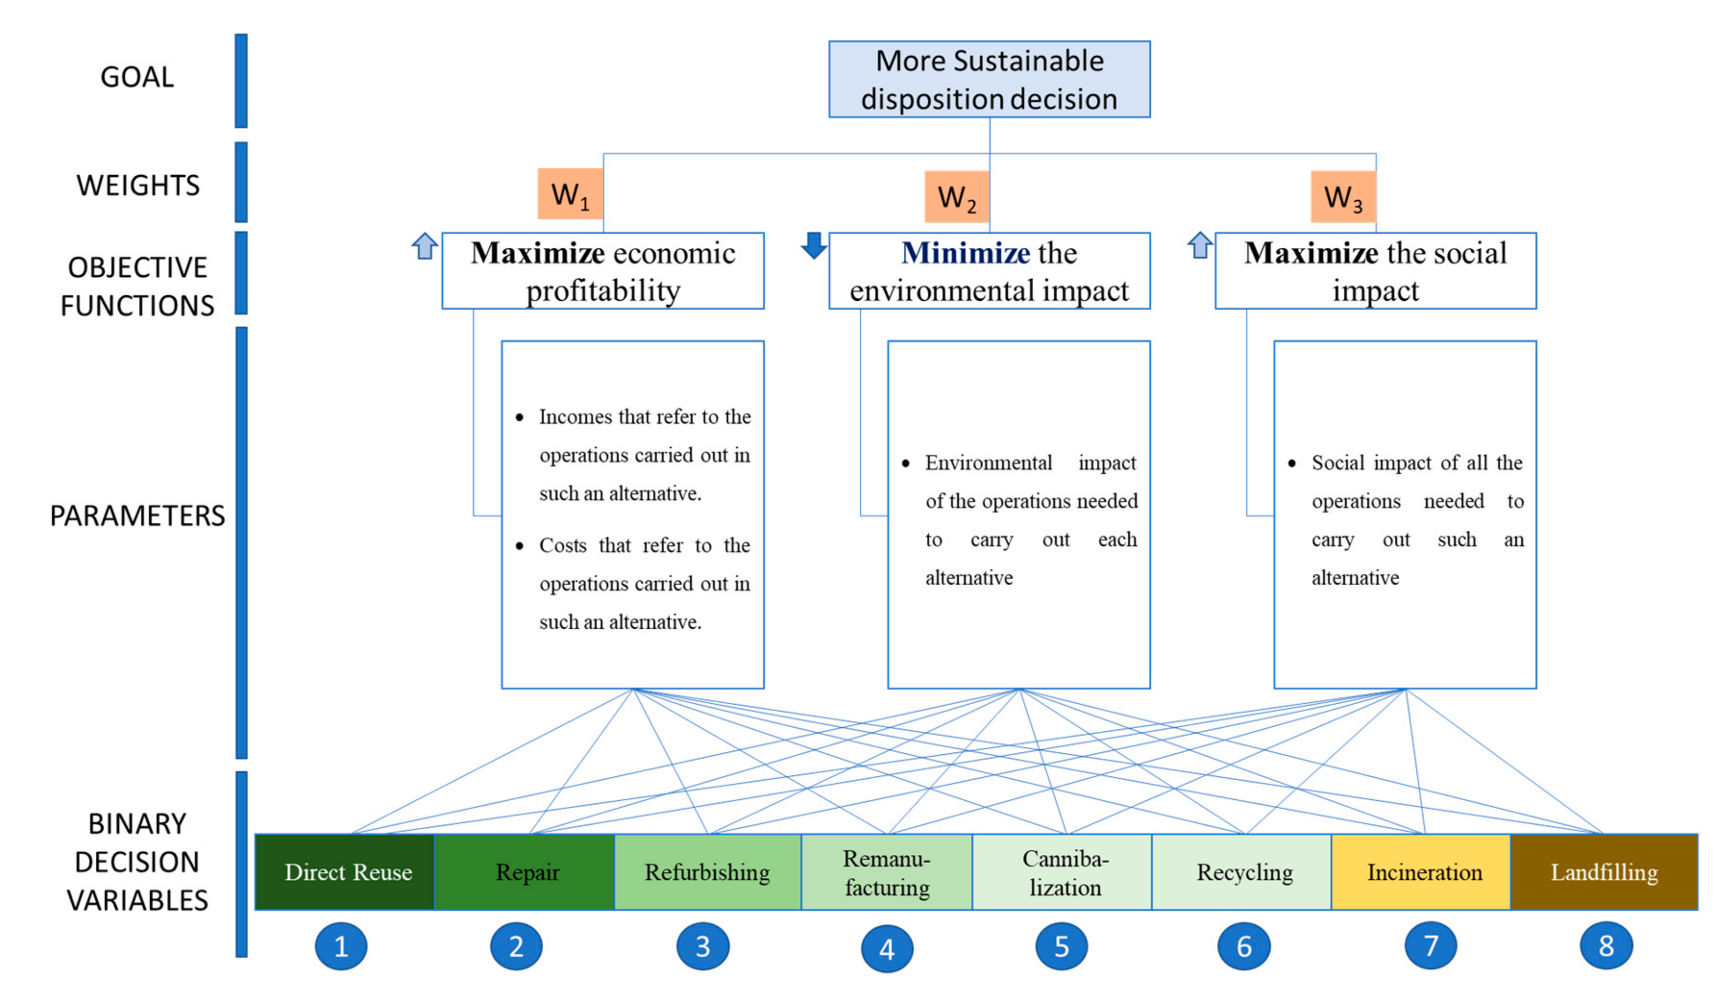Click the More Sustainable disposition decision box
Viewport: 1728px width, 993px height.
coord(989,79)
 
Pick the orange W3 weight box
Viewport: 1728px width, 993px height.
coord(1343,196)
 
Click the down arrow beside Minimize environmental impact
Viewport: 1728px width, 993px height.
coord(813,245)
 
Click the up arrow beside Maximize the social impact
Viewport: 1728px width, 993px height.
coord(1200,245)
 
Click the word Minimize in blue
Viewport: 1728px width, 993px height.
coord(965,253)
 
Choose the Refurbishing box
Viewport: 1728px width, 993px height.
coord(707,871)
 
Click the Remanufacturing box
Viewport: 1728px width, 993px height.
coord(886,871)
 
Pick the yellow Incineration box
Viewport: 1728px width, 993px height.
coord(1424,871)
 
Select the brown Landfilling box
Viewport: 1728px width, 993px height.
coord(1604,871)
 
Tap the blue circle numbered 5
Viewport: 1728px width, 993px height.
coord(1061,946)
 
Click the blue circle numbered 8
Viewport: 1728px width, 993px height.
coord(1606,946)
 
